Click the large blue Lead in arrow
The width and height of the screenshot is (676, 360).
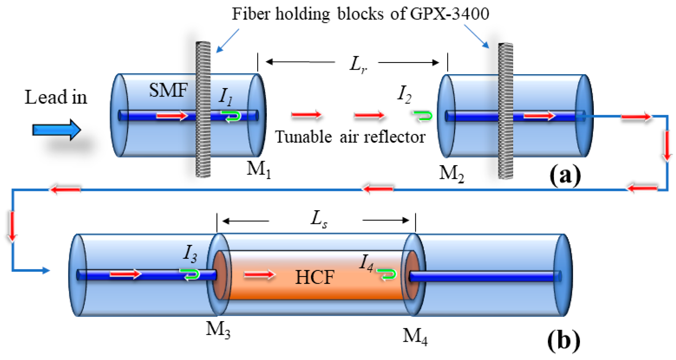[x=56, y=130]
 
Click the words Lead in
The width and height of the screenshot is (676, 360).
[x=56, y=97]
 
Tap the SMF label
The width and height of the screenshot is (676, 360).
[x=168, y=90]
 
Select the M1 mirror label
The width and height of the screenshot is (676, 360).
[x=259, y=170]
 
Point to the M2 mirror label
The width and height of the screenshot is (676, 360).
[x=451, y=174]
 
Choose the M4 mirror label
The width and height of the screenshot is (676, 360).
[x=415, y=336]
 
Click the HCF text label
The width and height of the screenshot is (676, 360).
[x=315, y=277]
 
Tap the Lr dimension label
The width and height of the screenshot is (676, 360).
[x=358, y=64]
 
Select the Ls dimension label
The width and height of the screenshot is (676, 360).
[x=319, y=220]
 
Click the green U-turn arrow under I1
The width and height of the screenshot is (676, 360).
[x=232, y=116]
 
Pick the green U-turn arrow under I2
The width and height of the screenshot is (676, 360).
[x=423, y=116]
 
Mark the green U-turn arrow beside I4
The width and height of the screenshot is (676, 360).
[x=387, y=274]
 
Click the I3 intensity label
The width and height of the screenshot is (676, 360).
[x=190, y=253]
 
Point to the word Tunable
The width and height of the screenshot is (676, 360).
[x=303, y=137]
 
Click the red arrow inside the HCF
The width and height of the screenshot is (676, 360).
[x=259, y=275]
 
